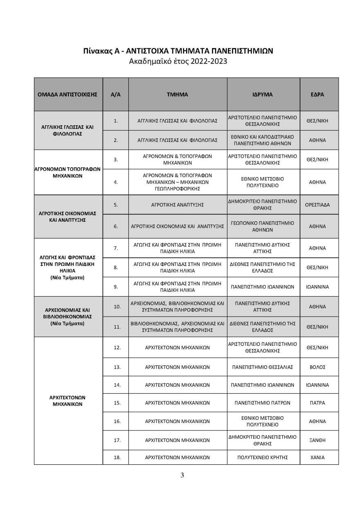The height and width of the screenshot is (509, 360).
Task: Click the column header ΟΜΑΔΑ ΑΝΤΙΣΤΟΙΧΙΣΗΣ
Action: pyautogui.click(x=67, y=94)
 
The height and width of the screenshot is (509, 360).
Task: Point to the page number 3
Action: pyautogui.click(x=182, y=475)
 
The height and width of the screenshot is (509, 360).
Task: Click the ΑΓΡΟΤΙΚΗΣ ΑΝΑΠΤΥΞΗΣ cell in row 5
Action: pyautogui.click(x=177, y=205)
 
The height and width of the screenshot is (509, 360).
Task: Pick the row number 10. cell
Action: pyautogui.click(x=117, y=306)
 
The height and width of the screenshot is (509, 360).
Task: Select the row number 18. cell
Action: pyautogui.click(x=117, y=457)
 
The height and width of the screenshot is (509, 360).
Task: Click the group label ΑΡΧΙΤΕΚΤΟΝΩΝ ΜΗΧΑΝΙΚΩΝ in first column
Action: pyautogui.click(x=67, y=401)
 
